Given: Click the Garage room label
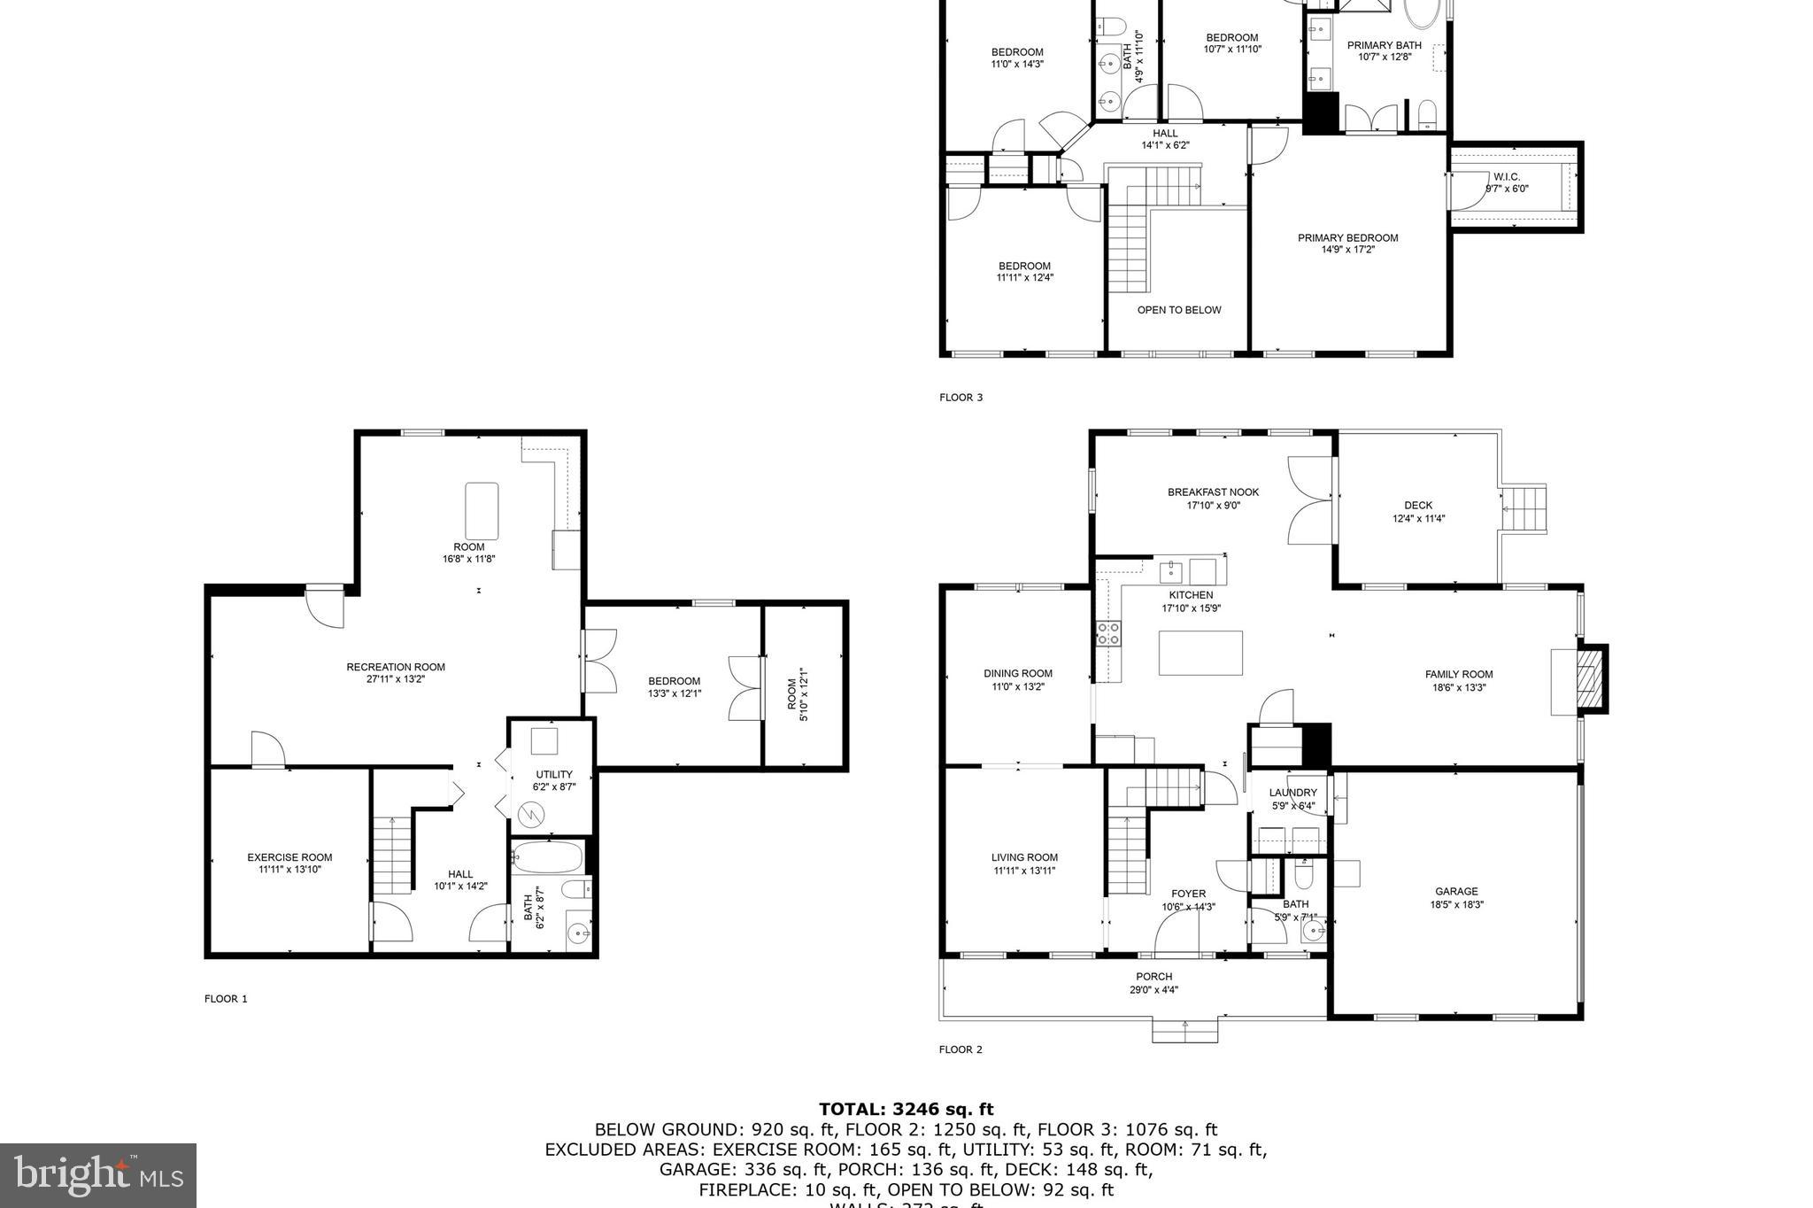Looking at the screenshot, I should coord(1456,892).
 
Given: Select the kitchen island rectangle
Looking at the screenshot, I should coord(1200,653).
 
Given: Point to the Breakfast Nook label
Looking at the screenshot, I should coord(1213,492).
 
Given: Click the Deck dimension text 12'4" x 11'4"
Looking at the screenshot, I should coord(1418,519).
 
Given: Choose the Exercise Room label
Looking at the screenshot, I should coord(289,857).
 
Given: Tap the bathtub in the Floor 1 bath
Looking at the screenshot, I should coord(548,857).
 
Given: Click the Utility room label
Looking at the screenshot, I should coord(554,774).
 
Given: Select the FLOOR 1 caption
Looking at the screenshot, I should coord(226,999).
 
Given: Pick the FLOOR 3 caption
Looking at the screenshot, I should coord(961,398).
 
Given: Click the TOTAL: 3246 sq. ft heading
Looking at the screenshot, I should coord(906,1109).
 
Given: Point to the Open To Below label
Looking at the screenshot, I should coord(1179,310).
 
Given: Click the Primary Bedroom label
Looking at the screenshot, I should coord(1347,237).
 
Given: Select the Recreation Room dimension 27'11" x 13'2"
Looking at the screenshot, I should coord(396,679).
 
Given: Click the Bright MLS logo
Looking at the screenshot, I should coord(98,1175).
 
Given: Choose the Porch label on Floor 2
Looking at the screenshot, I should coord(1153,977).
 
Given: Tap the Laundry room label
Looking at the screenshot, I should coord(1292,793).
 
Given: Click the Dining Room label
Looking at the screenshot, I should coord(1018,673).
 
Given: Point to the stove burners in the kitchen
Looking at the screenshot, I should coord(1108,633).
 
